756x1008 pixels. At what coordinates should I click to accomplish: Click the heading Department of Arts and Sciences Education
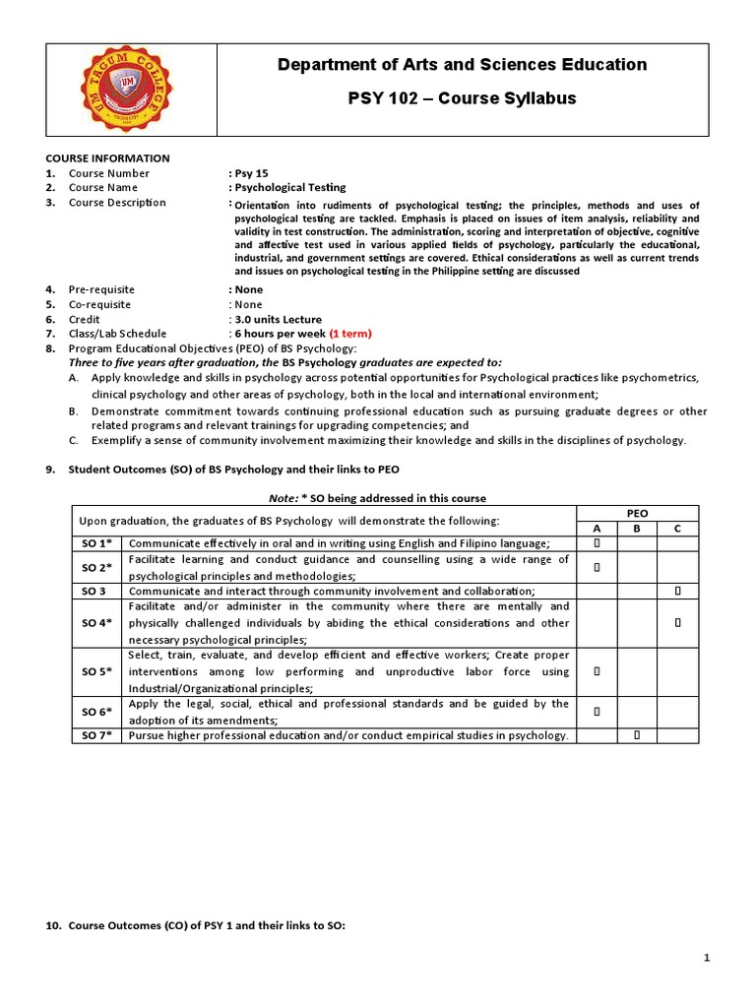[462, 65]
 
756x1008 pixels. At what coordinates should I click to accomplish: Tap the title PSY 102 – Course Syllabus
[462, 98]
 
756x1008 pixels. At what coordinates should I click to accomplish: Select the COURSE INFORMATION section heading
[107, 157]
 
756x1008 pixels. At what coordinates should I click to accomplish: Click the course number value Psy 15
[247, 172]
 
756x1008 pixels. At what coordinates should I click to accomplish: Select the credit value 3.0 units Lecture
[275, 319]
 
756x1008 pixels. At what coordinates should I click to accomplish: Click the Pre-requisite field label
[101, 289]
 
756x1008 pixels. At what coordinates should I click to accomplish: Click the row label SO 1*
[96, 543]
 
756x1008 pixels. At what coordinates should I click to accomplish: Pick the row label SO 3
[96, 591]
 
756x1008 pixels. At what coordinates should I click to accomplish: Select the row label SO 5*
[96, 671]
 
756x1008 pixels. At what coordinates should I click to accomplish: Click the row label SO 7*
[96, 735]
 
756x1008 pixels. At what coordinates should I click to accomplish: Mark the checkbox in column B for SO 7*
[637, 735]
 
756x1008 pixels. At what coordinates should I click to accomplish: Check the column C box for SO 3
[677, 591]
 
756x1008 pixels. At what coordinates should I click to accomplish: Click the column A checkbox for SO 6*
[597, 711]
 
